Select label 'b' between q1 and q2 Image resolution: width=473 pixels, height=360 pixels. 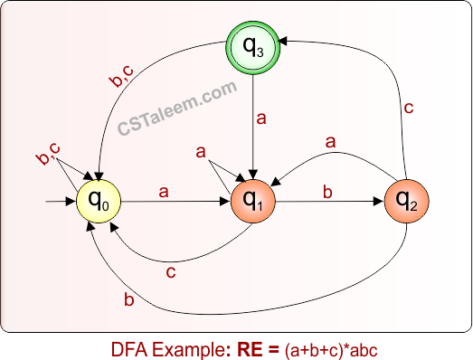[326, 191]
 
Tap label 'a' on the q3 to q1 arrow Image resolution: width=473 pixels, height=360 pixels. [263, 118]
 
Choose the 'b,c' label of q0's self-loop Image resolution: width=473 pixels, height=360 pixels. [49, 156]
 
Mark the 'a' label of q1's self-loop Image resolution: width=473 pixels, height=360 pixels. [201, 152]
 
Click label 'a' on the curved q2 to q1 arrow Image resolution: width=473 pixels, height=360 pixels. [331, 142]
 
